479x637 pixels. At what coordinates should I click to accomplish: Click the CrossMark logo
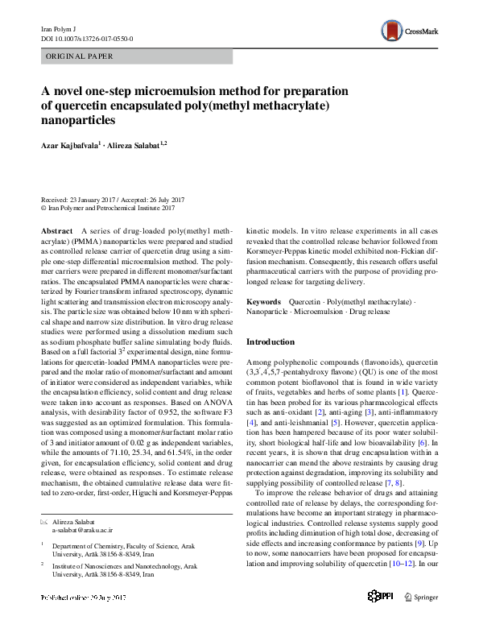(408, 31)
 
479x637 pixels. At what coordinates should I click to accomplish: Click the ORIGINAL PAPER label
(79, 56)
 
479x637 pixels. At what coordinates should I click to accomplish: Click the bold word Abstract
(57, 231)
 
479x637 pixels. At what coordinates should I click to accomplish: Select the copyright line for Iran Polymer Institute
(108, 208)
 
